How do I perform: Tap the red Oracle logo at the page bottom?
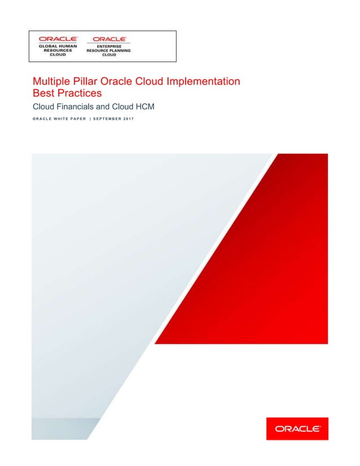point(297,429)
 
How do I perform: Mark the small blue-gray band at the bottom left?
point(59,428)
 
